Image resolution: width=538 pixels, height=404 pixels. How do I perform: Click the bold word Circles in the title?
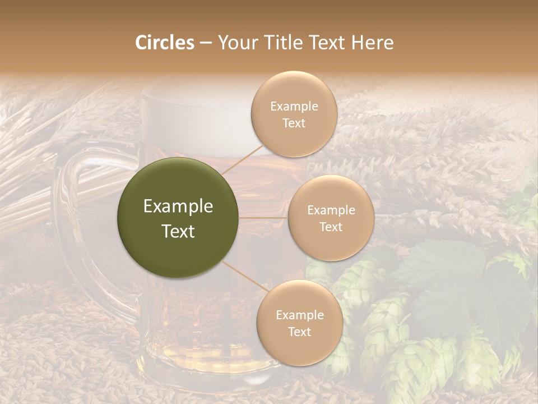click(x=165, y=43)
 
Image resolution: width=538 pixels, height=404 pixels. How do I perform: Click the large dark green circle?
click(x=178, y=218)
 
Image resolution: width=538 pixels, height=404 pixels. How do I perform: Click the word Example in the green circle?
click(x=178, y=206)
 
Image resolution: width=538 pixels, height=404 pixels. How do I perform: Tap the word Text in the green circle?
click(x=178, y=231)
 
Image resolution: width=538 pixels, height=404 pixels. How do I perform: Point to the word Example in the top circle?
click(x=294, y=107)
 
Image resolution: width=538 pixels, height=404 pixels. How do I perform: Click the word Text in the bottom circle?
click(x=299, y=332)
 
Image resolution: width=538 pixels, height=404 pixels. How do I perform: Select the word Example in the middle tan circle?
click(x=331, y=210)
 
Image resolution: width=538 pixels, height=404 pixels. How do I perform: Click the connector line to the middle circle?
click(x=263, y=218)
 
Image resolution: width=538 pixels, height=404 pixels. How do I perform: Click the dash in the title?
click(x=205, y=43)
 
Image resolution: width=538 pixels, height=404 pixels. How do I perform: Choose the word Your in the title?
click(x=235, y=43)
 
